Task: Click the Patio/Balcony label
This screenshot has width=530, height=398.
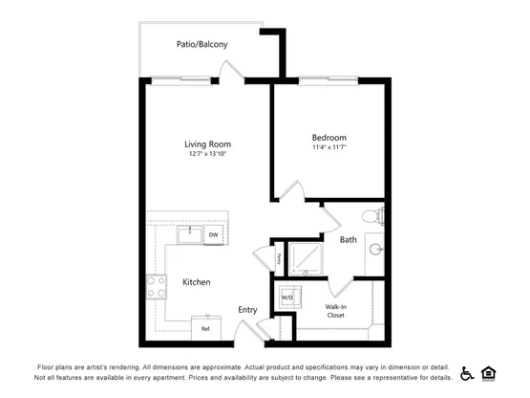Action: pos(201,44)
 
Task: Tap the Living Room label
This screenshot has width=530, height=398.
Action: pos(207,144)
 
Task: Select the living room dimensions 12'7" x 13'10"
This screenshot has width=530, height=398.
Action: pos(207,154)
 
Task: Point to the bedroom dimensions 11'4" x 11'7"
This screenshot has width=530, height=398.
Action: pos(329,147)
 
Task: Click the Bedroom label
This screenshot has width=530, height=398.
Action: pos(329,138)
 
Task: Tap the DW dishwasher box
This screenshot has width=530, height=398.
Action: pos(213,234)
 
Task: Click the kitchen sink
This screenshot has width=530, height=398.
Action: pos(190,235)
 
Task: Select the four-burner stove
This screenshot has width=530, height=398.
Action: pos(157,287)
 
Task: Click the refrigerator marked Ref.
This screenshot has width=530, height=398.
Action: pos(206,328)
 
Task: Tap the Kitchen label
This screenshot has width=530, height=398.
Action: pos(197,282)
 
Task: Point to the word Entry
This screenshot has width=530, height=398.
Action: pos(247,310)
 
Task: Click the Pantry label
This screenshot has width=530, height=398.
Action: pos(279,259)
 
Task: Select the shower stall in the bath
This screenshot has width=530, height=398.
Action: pos(306,258)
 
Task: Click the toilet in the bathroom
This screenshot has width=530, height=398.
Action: pos(373,216)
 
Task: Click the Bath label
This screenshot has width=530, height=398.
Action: pos(349,240)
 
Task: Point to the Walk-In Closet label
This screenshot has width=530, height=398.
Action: pos(335,311)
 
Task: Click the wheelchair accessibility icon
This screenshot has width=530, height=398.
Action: pos(467,374)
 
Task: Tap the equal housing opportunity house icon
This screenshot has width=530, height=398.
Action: pos(488,374)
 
